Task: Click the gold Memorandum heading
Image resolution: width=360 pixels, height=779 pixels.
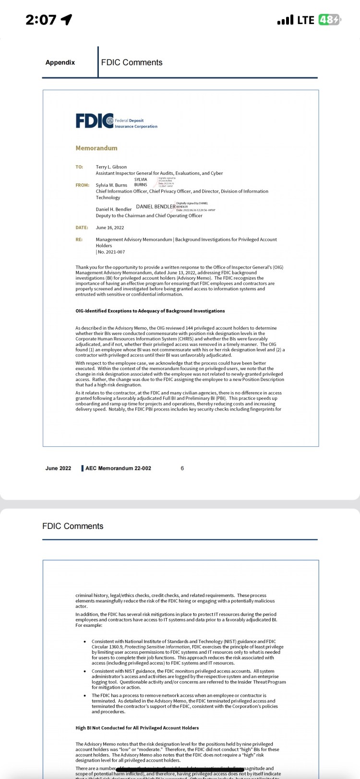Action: point(96,148)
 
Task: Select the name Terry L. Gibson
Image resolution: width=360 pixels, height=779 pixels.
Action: point(111,167)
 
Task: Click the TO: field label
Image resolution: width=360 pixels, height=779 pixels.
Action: point(79,167)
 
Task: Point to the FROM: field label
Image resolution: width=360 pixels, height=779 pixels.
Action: point(83,185)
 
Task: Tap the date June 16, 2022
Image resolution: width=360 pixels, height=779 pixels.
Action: point(110,228)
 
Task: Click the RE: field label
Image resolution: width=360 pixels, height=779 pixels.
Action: point(79,240)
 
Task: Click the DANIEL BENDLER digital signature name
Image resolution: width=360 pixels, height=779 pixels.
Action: point(156,206)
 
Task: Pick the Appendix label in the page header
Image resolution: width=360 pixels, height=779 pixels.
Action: point(60,62)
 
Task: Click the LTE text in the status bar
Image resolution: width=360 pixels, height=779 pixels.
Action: point(305,20)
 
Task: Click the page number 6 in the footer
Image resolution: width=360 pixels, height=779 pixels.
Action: point(182,468)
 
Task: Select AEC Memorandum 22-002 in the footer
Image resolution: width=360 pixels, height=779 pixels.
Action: point(118,468)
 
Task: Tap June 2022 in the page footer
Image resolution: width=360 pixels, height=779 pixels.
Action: point(58,468)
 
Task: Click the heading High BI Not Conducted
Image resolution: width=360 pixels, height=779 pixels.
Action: point(137,728)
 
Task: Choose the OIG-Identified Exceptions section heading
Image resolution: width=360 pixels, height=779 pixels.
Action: point(150,311)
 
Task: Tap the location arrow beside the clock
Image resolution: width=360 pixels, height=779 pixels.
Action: point(66,20)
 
